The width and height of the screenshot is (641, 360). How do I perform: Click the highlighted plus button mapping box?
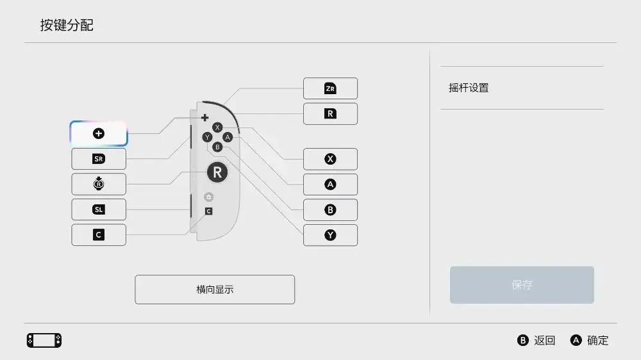(99, 134)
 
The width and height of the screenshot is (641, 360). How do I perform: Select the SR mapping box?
(99, 159)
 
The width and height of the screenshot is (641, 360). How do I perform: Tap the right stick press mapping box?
(99, 184)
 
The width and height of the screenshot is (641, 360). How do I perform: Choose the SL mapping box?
(99, 209)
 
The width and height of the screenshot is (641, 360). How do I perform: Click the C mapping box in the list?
(99, 235)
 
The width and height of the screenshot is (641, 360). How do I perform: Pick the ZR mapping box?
(330, 88)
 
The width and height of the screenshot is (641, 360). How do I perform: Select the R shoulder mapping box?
(330, 113)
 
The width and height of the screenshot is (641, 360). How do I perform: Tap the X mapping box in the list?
(330, 159)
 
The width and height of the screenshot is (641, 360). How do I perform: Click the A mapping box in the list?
(330, 184)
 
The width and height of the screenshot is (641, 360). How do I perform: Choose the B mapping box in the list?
(330, 209)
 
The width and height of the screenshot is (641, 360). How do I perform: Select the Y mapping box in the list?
(330, 235)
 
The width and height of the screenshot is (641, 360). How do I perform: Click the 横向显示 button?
(215, 290)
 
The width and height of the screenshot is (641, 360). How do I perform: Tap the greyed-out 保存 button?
(522, 285)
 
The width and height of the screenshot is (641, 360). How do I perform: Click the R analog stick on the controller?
(217, 172)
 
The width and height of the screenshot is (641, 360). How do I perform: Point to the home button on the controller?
(208, 197)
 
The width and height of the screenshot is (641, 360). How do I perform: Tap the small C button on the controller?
(208, 211)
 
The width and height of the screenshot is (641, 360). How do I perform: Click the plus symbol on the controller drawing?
(205, 118)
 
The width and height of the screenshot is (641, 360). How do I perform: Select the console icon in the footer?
(44, 340)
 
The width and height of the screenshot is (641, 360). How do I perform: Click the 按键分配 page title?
(67, 26)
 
